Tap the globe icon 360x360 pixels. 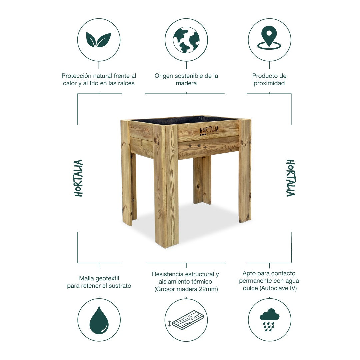point(186,40)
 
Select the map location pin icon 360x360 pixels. point(269,38)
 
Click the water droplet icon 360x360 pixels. point(99,320)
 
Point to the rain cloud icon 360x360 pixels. point(270,320)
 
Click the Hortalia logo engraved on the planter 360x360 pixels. point(209,131)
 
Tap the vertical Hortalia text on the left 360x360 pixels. point(78,178)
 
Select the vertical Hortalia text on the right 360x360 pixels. point(291,178)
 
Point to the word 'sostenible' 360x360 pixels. point(189,76)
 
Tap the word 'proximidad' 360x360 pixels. point(269,83)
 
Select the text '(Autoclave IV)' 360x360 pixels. point(278,288)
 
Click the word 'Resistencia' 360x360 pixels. point(168,274)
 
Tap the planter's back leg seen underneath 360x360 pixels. point(202,180)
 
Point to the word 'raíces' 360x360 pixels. point(126,83)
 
